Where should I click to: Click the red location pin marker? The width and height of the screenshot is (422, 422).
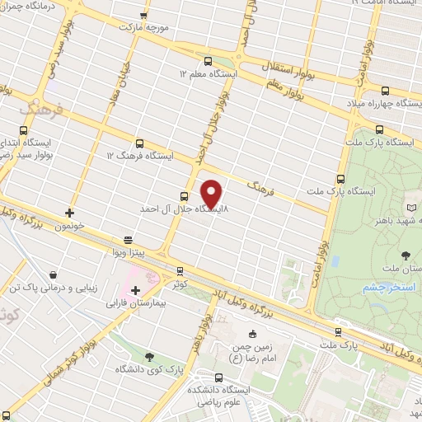pyautogui.click(x=212, y=194)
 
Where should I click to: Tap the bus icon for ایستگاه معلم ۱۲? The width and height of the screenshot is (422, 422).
pyautogui.click(x=207, y=60)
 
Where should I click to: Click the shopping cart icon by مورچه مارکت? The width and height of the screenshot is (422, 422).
pyautogui.click(x=144, y=15)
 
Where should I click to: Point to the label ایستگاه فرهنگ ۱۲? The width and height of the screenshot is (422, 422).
pyautogui.click(x=140, y=155)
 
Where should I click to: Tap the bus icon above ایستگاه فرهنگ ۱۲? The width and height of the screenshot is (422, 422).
pyautogui.click(x=139, y=143)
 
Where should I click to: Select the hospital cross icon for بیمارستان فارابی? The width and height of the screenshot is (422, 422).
pyautogui.click(x=135, y=290)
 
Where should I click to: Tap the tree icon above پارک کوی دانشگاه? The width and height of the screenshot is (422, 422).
pyautogui.click(x=148, y=356)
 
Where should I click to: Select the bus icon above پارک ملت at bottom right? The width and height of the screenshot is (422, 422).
pyautogui.click(x=338, y=332)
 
